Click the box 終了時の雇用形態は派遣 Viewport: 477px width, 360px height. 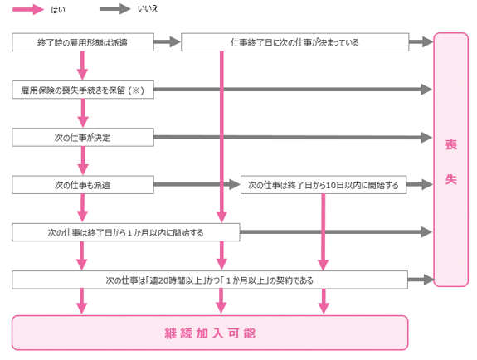point(83,42)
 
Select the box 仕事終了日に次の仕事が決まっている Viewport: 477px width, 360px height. point(294,42)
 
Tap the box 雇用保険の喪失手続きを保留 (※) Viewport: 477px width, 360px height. point(83,90)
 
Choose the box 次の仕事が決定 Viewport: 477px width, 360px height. point(83,137)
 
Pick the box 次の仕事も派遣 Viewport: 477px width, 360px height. point(83,185)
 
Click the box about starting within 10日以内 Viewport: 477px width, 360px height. point(324,185)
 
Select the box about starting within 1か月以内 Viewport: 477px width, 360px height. point(126,232)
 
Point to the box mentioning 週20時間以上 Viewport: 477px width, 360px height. point(210,280)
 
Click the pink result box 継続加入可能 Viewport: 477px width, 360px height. point(210,333)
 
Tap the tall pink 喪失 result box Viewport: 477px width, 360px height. point(450,160)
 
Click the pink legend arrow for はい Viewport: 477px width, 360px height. point(28,9)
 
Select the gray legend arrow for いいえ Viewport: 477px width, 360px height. point(115,9)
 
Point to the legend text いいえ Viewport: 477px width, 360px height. point(148,9)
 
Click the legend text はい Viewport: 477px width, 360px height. point(58,10)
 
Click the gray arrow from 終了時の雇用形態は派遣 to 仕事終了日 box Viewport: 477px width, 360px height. point(168,41)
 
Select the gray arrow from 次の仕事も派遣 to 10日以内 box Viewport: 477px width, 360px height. point(197,184)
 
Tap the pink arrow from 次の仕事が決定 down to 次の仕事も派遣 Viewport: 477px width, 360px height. point(83,161)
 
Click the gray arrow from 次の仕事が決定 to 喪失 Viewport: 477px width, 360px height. point(294,137)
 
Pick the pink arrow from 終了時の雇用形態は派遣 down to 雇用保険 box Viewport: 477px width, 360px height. point(82,66)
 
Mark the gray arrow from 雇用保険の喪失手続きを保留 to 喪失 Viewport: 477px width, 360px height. point(294,90)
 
